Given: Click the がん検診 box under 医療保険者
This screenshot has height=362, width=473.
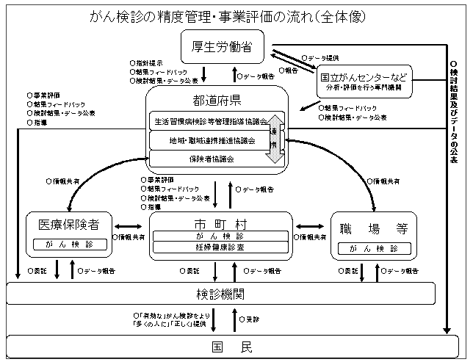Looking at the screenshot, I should click(71, 245).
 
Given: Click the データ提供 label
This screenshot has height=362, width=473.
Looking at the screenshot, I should click(324, 56).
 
